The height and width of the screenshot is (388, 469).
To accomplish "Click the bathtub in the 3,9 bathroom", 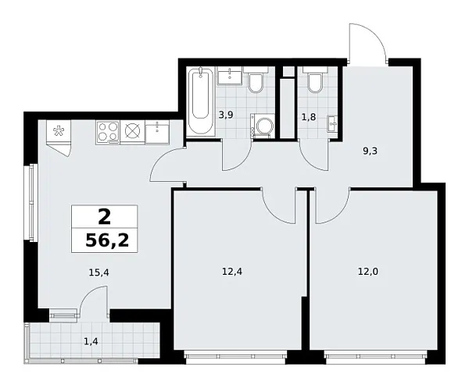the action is point(200,101).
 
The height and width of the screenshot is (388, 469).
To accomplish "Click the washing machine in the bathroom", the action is point(263,126).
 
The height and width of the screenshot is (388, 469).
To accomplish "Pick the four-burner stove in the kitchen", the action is point(108,132).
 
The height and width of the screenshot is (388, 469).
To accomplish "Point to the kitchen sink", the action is point(157,132).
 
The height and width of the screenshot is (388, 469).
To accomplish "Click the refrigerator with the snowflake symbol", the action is point(59,132).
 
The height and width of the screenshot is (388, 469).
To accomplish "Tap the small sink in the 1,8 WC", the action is point(332,123).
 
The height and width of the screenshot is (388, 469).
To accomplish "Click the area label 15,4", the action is point(98,272).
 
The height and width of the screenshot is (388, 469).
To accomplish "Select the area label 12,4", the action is point(232,272).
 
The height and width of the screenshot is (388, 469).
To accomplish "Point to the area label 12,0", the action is point(368,272).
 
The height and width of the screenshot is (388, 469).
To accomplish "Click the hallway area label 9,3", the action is point(370,151).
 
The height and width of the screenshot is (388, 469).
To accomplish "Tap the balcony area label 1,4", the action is point(91,340).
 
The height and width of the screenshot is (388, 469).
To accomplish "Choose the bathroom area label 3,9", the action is point(226,115).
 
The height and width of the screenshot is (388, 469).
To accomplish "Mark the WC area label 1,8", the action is point(309,117).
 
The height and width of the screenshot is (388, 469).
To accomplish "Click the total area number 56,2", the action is point(107,240).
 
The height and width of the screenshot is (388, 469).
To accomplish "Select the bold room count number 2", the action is point(105,217).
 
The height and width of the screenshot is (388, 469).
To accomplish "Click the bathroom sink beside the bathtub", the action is point(229,77).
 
